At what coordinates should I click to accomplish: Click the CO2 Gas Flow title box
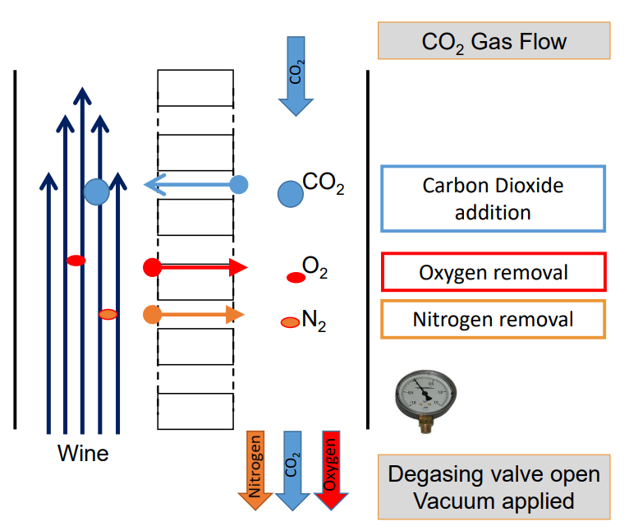point(494,40)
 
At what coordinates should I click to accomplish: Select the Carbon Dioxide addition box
point(493,198)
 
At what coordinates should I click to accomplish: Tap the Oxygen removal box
point(493,272)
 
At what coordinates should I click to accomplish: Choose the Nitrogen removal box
point(493,319)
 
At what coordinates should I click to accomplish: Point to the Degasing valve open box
point(494,487)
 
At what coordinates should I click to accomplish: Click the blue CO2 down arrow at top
point(295,75)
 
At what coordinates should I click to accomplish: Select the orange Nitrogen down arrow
point(255,469)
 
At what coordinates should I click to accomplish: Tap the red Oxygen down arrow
point(330,469)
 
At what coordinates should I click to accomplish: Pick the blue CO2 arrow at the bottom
point(292,469)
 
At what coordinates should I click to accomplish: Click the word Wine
point(83,453)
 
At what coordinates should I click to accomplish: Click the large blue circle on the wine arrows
point(96,192)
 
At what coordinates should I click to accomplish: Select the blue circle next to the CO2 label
point(290,193)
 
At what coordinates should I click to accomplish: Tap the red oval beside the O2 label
point(296,278)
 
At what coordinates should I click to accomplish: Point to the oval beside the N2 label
point(291,323)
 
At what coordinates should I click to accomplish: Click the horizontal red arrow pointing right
point(197,267)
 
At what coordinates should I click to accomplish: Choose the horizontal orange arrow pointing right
point(195,314)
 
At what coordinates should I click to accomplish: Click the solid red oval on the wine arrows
point(76,261)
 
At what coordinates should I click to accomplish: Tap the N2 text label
point(314,321)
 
